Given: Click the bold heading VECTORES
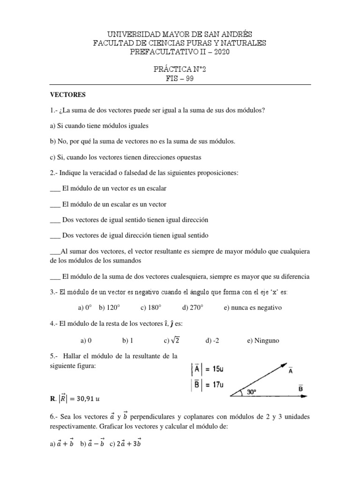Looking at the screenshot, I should [68, 95].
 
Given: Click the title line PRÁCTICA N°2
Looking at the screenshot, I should [180, 69].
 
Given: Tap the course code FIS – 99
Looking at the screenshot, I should [180, 78].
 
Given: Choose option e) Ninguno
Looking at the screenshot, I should [263, 341].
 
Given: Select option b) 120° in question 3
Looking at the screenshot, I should [110, 307].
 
